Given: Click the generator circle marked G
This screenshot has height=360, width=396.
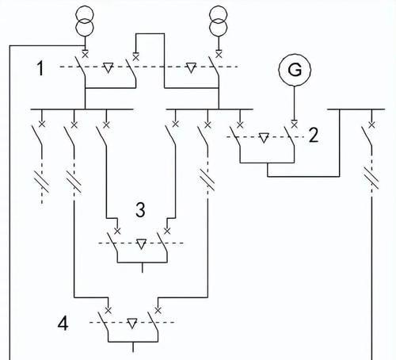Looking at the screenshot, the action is [295, 70].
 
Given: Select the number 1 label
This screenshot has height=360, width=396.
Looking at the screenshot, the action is [40, 68].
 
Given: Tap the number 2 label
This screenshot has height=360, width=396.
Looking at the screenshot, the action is [314, 136].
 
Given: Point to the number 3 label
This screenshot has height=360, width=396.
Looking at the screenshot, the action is [140, 210].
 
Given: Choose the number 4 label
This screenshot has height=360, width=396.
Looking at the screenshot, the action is [63, 324].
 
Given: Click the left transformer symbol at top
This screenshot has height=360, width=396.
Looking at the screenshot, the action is [85, 21].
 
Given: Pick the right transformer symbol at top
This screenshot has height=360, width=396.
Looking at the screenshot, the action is [219, 21].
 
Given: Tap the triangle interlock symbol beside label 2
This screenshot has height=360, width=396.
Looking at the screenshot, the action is [264, 138].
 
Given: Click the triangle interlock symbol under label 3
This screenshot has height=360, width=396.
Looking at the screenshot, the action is [141, 244].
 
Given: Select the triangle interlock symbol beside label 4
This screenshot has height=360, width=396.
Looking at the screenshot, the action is [132, 324].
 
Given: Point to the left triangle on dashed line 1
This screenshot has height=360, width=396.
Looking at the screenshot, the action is [108, 67].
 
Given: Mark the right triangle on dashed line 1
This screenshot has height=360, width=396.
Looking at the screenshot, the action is [191, 67].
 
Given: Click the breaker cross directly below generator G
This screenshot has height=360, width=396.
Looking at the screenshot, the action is [295, 124].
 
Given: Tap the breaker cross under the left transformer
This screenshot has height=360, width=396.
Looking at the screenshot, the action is [85, 55].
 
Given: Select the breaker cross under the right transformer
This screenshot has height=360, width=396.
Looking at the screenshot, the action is [219, 55].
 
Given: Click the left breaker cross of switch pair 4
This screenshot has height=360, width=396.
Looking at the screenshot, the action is [108, 310].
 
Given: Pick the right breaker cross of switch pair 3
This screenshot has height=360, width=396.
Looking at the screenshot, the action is [167, 232].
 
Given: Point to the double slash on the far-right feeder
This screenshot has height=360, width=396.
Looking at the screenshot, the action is [371, 178].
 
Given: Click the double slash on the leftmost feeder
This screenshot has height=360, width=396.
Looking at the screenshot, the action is [42, 182].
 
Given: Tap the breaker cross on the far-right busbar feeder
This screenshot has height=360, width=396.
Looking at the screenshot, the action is [371, 124].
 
